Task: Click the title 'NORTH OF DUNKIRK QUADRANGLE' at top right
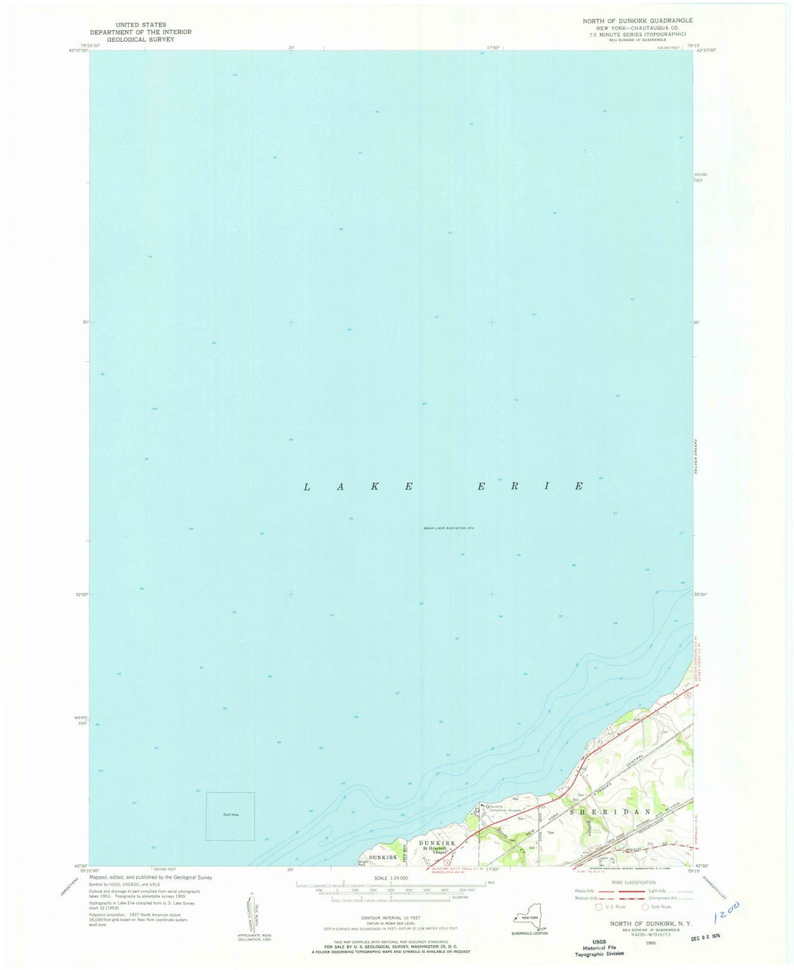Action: point(637,21)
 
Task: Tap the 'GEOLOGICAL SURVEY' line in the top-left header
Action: point(140,40)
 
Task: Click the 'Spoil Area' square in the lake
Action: point(230,816)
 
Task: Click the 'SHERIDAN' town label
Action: point(610,811)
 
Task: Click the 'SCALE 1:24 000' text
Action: point(390,877)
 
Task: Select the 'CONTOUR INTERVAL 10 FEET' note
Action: point(390,918)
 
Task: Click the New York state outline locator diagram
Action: point(531,919)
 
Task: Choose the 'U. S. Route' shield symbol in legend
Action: point(598,907)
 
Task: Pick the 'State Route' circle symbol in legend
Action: point(645,907)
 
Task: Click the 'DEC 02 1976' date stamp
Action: point(705,937)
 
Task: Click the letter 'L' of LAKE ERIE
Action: point(307,487)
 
